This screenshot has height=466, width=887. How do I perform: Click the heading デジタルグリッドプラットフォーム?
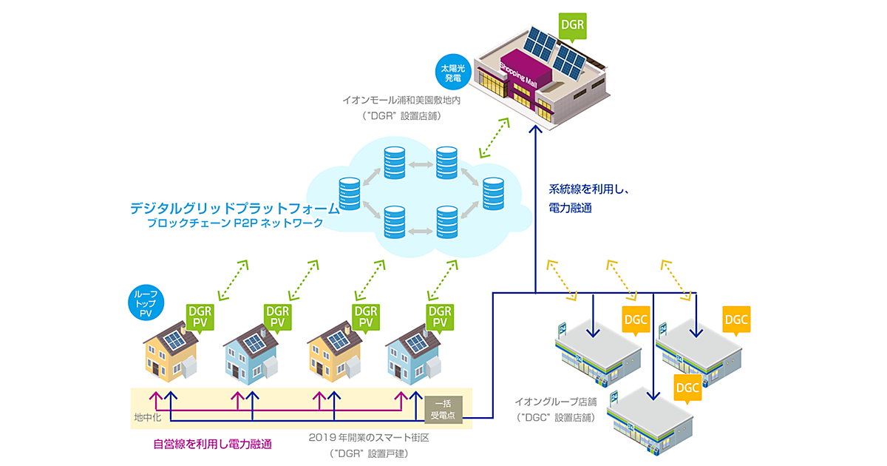tap(234, 209)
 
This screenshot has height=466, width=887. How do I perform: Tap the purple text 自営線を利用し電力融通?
tap(212, 445)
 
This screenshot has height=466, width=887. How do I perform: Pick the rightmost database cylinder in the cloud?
tap(492, 193)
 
